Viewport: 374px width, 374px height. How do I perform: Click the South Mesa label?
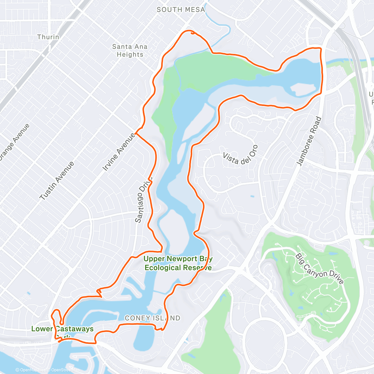(181, 10)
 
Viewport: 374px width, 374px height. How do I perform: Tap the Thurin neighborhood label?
(48, 37)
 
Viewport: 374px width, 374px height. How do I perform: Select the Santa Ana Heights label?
(130, 50)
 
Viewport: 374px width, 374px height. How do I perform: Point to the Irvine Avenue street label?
(119, 152)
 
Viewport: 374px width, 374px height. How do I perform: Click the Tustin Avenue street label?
(57, 181)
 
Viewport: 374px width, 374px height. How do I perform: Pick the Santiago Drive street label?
(143, 200)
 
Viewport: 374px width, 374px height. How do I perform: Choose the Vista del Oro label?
(240, 155)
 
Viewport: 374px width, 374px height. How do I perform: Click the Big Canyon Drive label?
(319, 269)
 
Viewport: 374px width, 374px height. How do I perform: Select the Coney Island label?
(152, 318)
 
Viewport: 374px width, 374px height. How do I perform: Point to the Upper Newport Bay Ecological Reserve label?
(178, 263)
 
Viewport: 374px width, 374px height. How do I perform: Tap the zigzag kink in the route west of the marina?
(100, 293)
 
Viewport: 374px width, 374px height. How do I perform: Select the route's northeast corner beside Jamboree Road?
(320, 49)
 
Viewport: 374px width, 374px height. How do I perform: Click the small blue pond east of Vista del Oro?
(252, 196)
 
